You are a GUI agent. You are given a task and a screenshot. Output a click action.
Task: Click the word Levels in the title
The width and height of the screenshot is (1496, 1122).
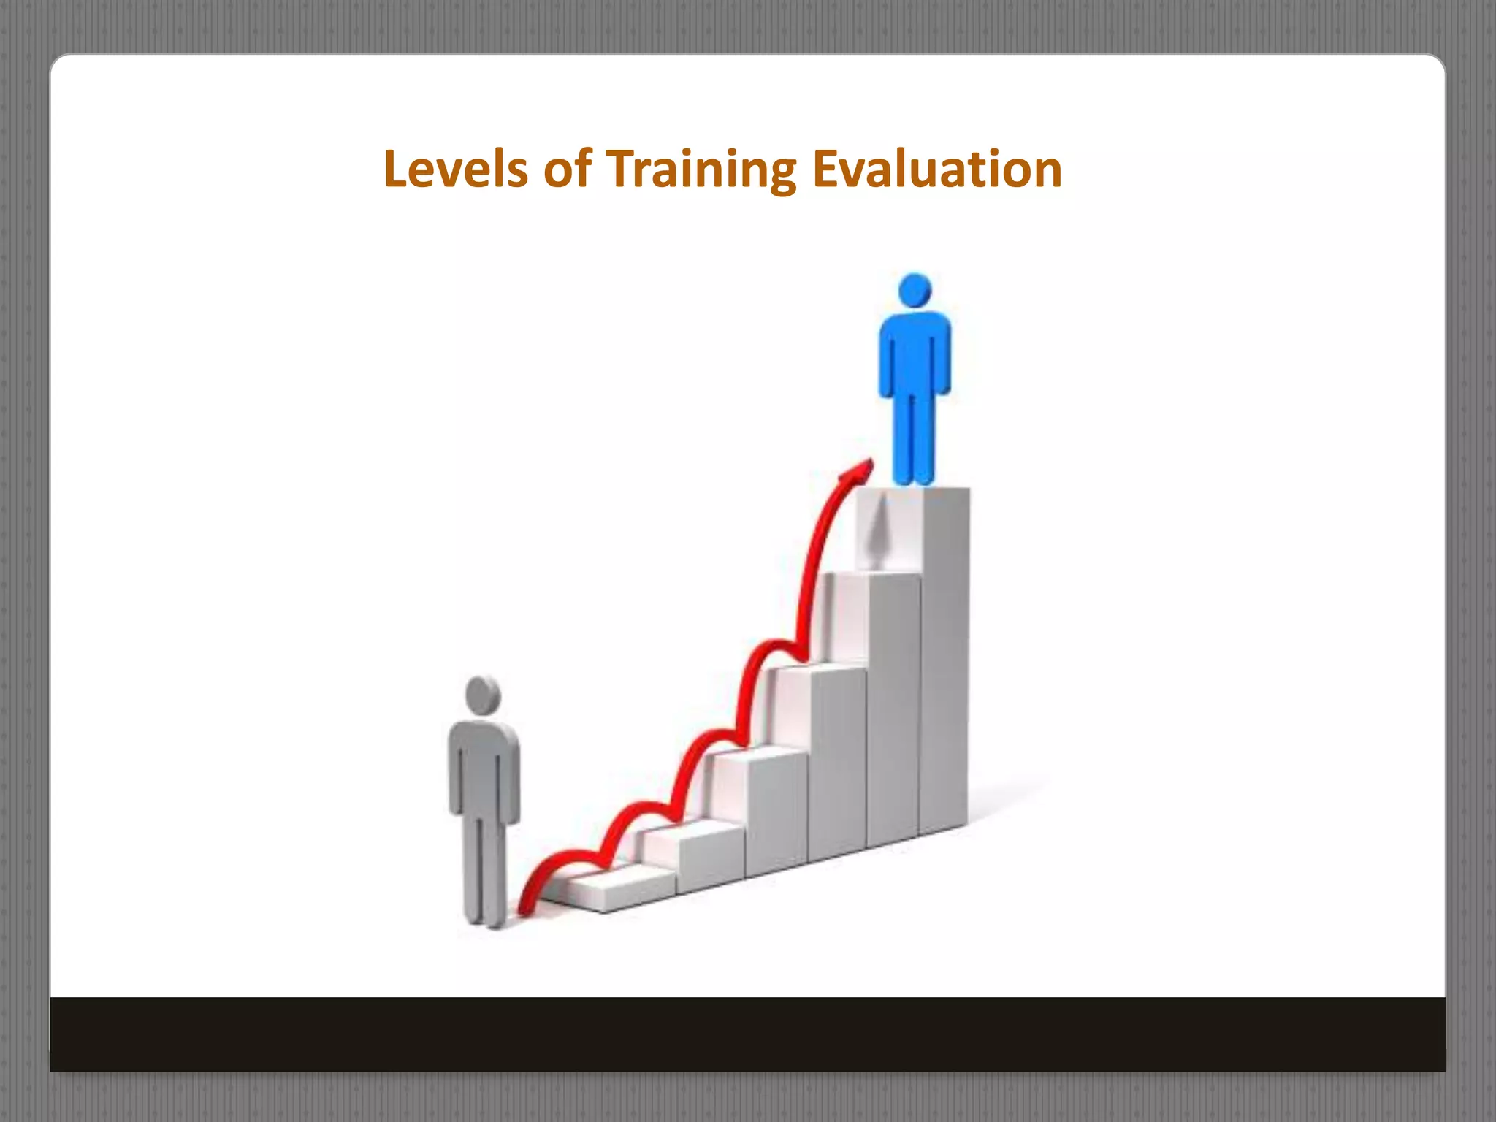[x=455, y=169]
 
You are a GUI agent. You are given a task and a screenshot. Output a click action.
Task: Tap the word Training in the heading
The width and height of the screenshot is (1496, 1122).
[x=701, y=169]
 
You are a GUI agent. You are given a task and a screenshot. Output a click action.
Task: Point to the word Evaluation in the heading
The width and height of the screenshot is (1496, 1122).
[x=937, y=169]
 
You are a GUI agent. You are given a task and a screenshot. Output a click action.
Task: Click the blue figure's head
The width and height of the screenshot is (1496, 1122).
[x=915, y=290]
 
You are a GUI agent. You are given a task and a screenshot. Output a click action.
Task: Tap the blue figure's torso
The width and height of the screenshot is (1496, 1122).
[x=915, y=354]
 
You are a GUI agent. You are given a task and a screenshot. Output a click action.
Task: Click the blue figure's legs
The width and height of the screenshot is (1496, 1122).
[x=914, y=438]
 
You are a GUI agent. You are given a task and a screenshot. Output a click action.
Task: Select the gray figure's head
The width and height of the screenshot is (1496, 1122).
[x=483, y=695]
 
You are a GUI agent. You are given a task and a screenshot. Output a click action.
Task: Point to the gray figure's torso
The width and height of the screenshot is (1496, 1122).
[x=484, y=767]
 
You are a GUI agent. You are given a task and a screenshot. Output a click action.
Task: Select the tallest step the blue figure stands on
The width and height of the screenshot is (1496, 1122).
[x=944, y=657]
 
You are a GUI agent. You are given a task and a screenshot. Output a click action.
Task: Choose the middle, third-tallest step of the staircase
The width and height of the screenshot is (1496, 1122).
[x=837, y=760]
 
